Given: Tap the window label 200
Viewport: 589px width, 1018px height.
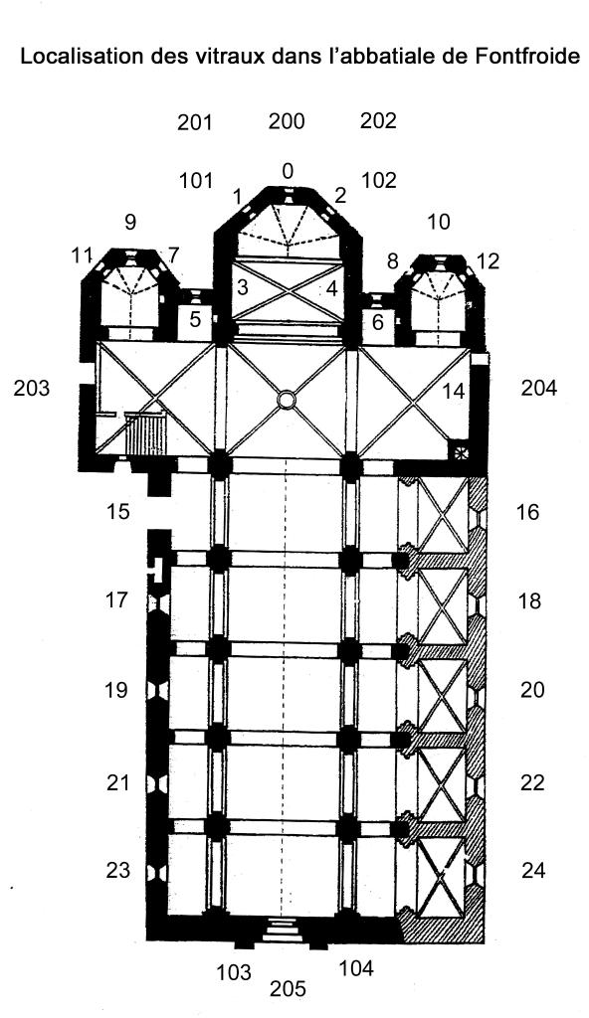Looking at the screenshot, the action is (287, 120).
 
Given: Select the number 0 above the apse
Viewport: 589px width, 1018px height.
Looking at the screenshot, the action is (288, 171).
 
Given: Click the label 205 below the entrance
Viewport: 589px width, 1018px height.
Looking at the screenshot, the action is (288, 989).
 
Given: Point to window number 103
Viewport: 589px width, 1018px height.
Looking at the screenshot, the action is (234, 972).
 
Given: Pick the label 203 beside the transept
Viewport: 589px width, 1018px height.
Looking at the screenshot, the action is (31, 389).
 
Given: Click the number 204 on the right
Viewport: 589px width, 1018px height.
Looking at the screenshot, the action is (539, 389).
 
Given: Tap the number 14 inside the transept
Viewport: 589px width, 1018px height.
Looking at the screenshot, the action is (454, 391).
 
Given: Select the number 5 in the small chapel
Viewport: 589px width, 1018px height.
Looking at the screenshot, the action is (196, 319).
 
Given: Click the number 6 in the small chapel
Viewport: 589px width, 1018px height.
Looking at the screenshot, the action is (378, 321).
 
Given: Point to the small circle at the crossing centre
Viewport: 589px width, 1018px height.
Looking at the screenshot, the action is (286, 400).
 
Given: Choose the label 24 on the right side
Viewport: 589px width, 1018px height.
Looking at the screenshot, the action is (533, 870).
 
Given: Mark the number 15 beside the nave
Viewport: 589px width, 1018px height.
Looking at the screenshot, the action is (117, 512).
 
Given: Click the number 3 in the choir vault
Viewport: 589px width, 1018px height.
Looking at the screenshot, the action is (243, 287).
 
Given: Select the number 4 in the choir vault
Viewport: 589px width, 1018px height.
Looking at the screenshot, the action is (331, 288).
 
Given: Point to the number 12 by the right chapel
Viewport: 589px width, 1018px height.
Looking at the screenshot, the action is (488, 260).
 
